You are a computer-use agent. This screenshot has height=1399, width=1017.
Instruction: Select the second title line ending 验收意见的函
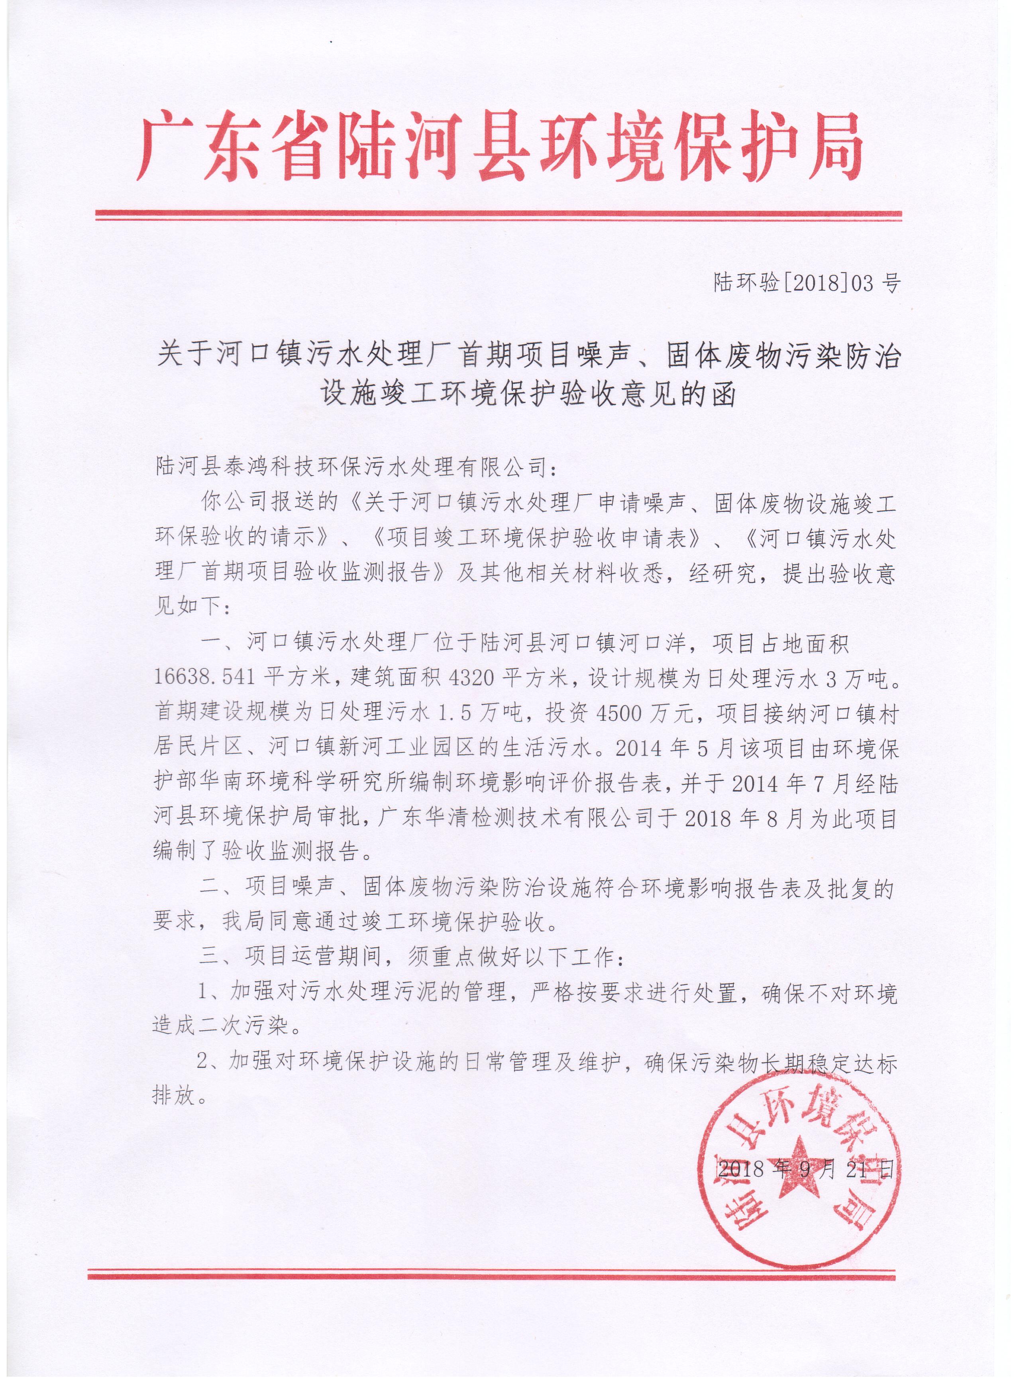(527, 394)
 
